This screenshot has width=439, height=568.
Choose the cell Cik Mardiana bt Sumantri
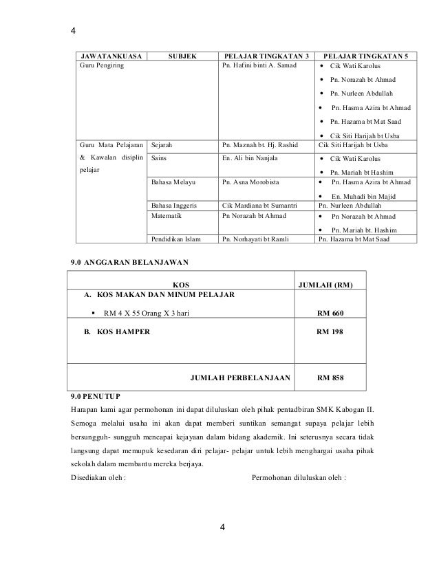(x=259, y=205)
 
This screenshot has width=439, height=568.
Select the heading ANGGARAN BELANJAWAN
(x=140, y=262)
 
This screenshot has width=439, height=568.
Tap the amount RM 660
(x=330, y=314)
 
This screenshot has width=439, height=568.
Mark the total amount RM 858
(x=330, y=378)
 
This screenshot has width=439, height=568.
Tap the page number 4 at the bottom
(x=222, y=527)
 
